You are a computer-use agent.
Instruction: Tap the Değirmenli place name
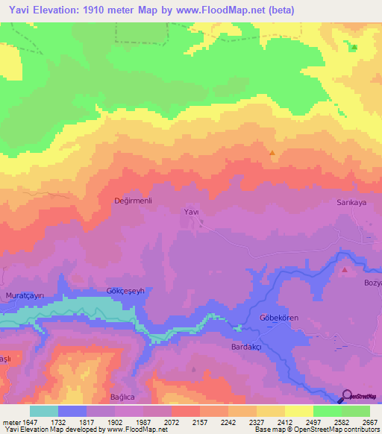tap(133, 201)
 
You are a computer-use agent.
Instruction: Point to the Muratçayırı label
tap(25, 295)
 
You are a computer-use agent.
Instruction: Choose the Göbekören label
tap(278, 318)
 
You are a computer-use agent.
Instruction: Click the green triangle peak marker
tap(354, 48)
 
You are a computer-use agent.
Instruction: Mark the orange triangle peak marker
tap(272, 154)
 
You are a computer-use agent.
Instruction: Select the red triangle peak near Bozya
tap(344, 270)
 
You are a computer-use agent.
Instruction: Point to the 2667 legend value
tap(370, 422)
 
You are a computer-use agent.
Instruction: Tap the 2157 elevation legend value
tap(200, 422)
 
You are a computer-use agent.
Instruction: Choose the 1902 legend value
tap(115, 422)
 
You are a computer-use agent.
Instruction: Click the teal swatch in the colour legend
tap(44, 411)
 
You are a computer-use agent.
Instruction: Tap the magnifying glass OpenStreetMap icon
tap(346, 396)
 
